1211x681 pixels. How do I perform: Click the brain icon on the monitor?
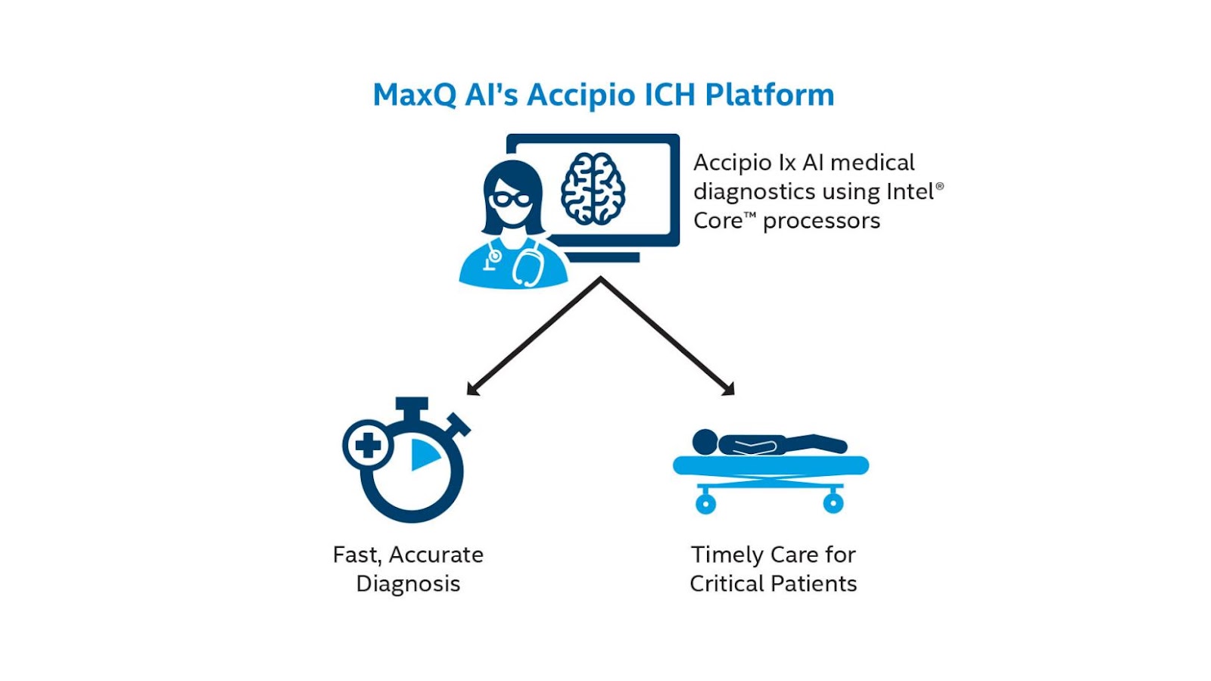[593, 188]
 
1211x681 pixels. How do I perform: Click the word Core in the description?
[718, 221]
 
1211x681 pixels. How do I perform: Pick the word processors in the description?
[821, 221]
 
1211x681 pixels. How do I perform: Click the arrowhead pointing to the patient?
[729, 390]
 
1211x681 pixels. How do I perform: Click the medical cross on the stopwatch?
[368, 445]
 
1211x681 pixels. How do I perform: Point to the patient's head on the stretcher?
[705, 442]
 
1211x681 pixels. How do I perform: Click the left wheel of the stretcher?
[705, 502]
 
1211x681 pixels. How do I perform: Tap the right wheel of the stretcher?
[833, 502]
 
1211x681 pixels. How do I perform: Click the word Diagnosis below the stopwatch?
[408, 584]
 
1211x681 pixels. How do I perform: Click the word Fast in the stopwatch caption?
[356, 555]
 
